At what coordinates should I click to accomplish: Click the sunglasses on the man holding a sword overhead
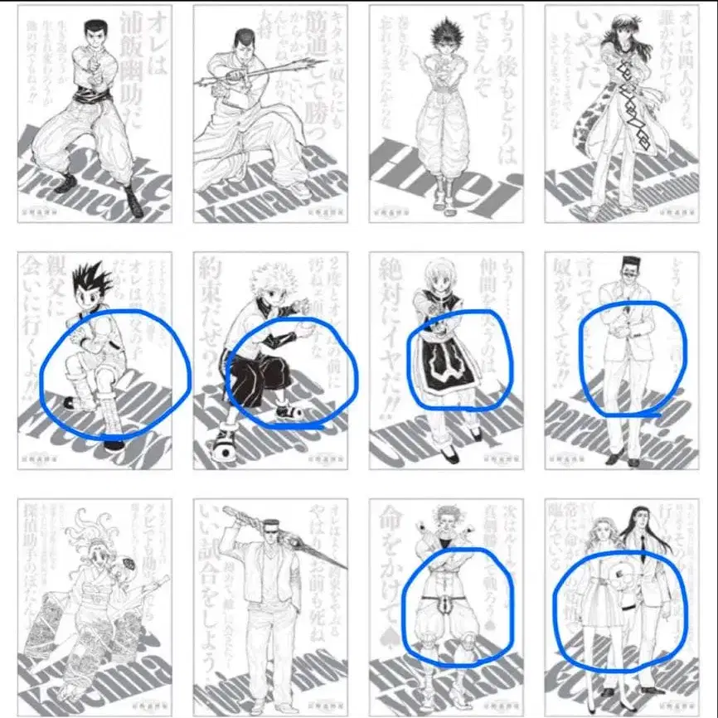(x=275, y=528)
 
